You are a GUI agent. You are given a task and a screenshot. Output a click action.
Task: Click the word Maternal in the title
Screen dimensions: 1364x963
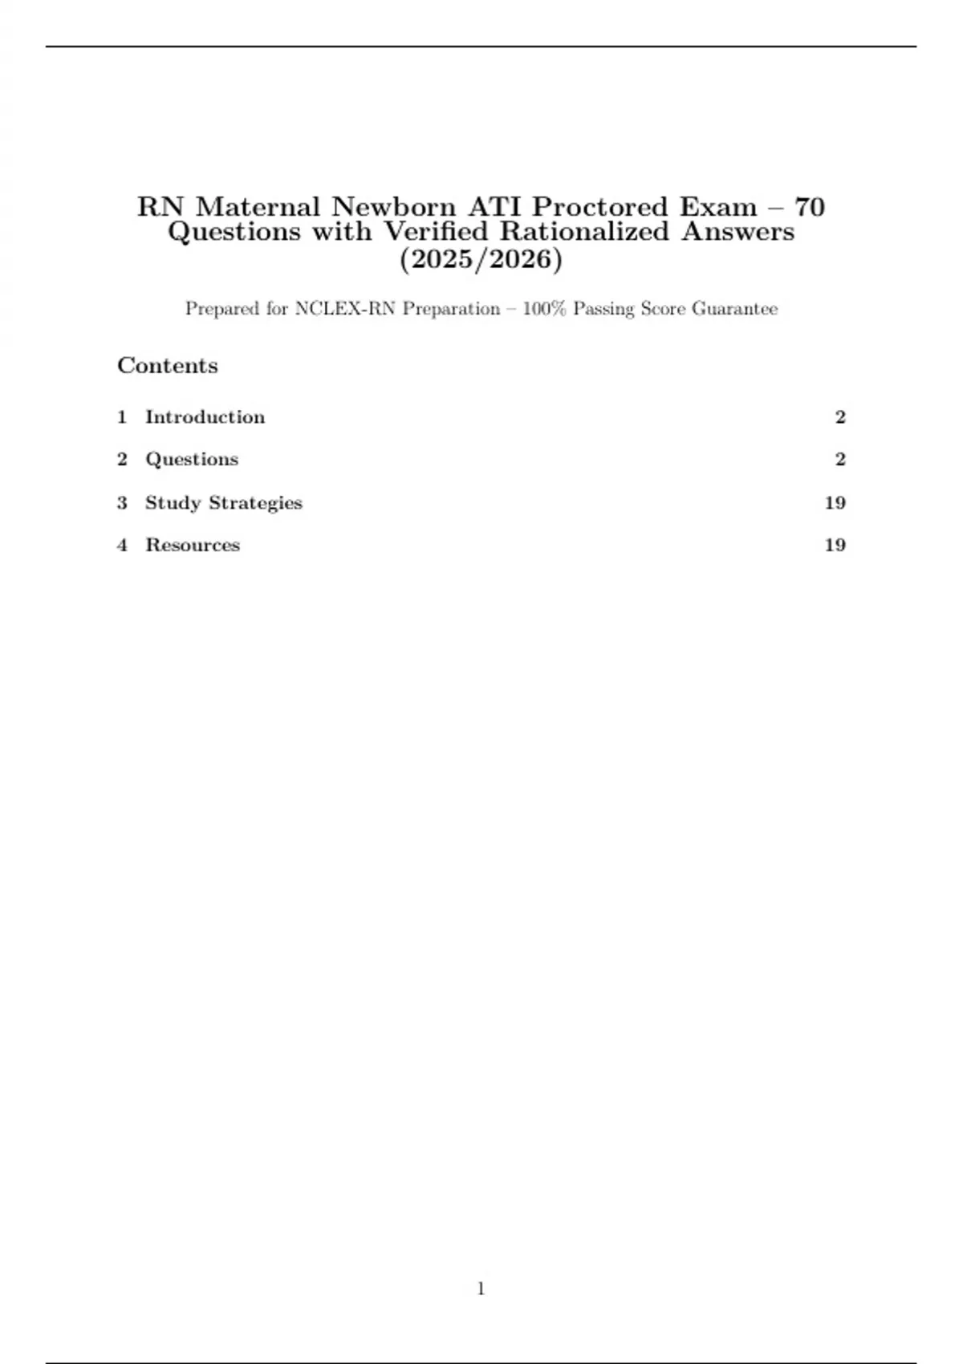click(258, 207)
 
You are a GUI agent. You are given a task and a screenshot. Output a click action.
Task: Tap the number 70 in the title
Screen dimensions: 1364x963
click(809, 207)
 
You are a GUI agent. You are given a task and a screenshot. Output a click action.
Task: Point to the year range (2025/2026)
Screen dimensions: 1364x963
click(481, 260)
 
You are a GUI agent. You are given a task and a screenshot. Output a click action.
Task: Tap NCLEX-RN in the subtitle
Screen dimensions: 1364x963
click(345, 309)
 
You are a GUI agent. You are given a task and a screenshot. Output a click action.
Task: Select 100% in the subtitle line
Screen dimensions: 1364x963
click(545, 309)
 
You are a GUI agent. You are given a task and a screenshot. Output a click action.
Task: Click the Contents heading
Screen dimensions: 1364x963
click(168, 366)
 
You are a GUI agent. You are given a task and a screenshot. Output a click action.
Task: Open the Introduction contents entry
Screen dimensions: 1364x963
click(205, 417)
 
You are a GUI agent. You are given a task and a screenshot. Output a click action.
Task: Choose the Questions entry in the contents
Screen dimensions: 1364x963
click(192, 460)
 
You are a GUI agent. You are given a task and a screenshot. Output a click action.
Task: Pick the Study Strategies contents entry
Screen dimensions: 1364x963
click(223, 503)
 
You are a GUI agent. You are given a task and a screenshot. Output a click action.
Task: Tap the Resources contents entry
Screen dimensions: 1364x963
click(193, 546)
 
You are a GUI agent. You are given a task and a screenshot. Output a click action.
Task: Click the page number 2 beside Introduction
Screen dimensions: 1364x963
click(840, 417)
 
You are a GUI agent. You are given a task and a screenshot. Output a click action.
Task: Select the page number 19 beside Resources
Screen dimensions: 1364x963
click(835, 546)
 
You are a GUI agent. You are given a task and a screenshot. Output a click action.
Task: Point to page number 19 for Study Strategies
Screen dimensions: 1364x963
click(835, 503)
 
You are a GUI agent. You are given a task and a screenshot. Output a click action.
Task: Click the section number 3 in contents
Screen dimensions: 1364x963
click(122, 503)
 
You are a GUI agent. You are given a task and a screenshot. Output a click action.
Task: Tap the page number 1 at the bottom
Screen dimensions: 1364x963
click(481, 1289)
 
